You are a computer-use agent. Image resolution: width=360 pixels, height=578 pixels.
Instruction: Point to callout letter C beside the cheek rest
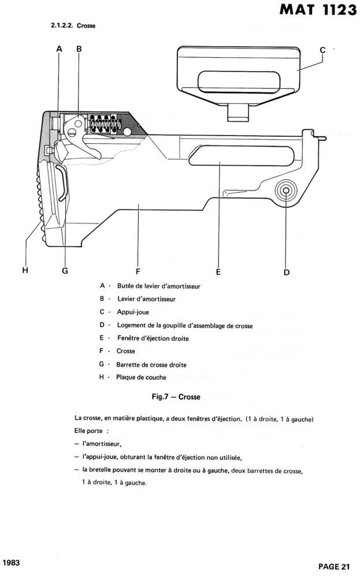click(x=323, y=50)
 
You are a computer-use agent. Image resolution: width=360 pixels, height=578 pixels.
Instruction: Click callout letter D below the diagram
click(x=286, y=271)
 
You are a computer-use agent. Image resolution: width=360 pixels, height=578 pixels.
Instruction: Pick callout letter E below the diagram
click(x=218, y=271)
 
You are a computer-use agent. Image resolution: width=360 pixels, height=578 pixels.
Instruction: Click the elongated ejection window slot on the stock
click(x=217, y=156)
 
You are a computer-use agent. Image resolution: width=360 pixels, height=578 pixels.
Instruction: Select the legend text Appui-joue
click(x=132, y=312)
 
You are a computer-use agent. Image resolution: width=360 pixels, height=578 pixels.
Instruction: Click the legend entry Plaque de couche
click(x=141, y=378)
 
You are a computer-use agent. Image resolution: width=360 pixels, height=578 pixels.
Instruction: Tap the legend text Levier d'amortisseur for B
click(x=146, y=299)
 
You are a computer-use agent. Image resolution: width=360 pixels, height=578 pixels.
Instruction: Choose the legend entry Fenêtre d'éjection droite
click(x=153, y=338)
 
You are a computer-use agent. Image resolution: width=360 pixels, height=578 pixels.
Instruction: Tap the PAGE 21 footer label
click(x=335, y=565)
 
